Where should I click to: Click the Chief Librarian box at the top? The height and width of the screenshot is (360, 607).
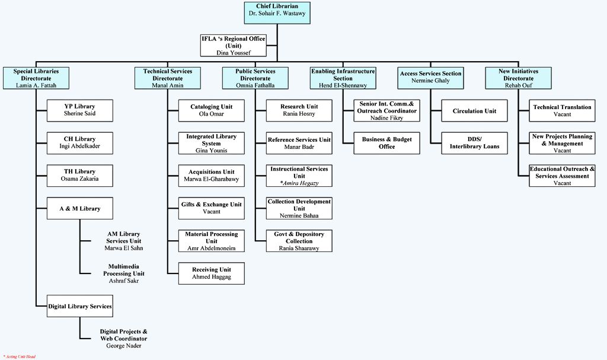click(x=276, y=9)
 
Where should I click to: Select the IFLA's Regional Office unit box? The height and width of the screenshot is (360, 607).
click(x=234, y=45)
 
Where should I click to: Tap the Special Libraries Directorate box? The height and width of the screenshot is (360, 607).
click(x=36, y=78)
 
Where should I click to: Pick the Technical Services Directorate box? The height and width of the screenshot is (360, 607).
click(x=168, y=78)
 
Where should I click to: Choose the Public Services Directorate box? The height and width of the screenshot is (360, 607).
click(x=255, y=78)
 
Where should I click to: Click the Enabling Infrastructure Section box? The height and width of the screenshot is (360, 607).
click(x=343, y=78)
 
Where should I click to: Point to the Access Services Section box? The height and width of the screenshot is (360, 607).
click(x=430, y=77)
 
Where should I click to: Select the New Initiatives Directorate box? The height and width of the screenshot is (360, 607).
click(x=518, y=78)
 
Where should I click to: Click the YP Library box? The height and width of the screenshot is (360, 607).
click(x=79, y=110)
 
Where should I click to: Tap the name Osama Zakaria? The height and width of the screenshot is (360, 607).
click(x=79, y=179)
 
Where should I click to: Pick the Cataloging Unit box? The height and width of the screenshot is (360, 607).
click(x=211, y=110)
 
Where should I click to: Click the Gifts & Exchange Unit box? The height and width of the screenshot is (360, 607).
click(x=211, y=208)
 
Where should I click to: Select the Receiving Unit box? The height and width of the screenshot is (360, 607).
click(x=211, y=273)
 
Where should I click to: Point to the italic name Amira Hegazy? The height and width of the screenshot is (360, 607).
click(x=299, y=183)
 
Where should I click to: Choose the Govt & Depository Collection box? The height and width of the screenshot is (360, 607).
click(x=299, y=241)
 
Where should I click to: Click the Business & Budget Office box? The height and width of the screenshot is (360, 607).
click(x=386, y=143)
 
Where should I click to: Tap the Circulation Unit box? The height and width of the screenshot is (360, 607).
click(x=474, y=111)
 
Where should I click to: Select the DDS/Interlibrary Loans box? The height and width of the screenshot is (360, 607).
click(x=474, y=143)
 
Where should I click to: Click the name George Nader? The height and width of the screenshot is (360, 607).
click(x=123, y=346)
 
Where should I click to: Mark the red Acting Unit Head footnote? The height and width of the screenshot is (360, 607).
click(x=20, y=356)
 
